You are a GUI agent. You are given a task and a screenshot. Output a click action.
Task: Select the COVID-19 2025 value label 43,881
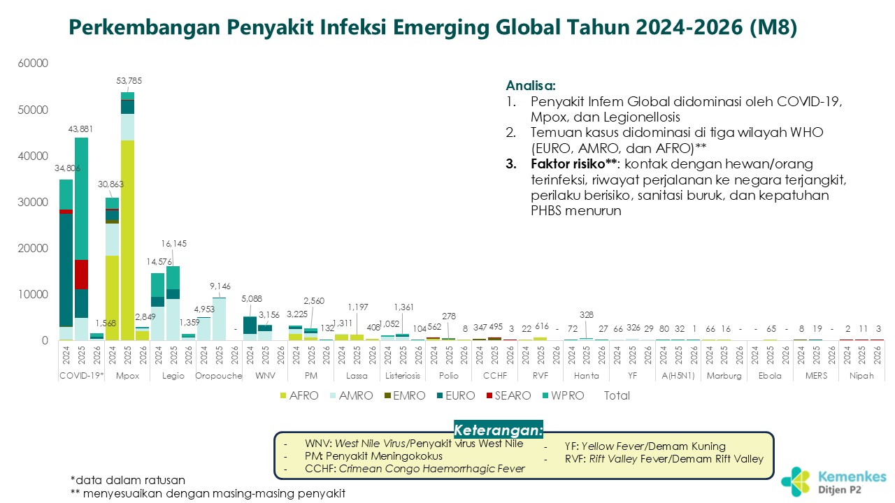tap(81, 129)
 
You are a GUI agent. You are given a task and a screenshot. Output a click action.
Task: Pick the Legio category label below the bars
tap(173, 376)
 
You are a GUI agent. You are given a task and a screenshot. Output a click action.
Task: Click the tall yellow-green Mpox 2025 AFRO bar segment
tap(127, 238)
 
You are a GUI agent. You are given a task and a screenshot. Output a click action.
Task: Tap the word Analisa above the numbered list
tap(531, 86)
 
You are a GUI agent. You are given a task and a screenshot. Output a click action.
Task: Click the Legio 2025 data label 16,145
tap(173, 244)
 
